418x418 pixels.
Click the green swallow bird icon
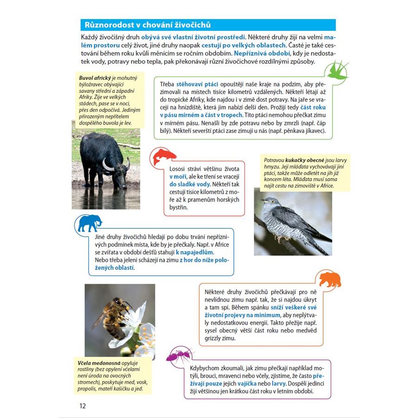click(x=338, y=70)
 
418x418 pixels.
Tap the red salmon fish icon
click(x=164, y=157)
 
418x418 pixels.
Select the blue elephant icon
click(x=90, y=223)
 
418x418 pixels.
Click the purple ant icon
click(x=179, y=355)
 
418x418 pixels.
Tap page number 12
click(x=82, y=405)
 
